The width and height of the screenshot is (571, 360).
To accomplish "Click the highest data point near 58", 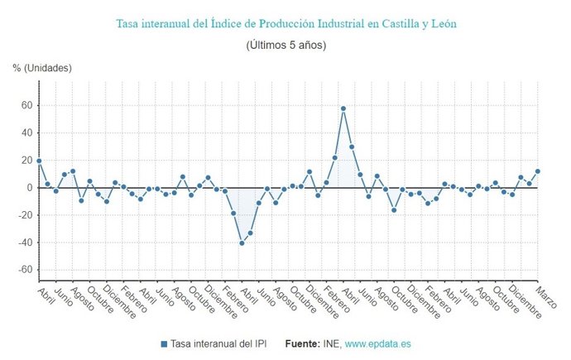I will (343, 108).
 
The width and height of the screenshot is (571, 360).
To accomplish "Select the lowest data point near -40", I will (242, 243).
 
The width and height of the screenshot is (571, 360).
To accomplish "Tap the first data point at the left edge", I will (39, 161).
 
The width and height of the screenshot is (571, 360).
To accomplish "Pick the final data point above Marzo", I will (538, 171).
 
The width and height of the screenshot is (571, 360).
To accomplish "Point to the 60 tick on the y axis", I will (26, 106).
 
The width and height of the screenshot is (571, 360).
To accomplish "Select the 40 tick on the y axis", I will (26, 133).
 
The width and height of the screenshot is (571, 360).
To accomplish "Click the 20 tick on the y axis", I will (26, 161).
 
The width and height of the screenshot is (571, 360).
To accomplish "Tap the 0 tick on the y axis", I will (29, 188).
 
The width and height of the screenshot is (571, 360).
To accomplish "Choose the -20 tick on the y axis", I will (25, 215).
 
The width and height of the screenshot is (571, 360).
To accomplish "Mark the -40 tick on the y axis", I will (25, 242).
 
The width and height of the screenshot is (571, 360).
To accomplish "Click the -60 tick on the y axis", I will (25, 270).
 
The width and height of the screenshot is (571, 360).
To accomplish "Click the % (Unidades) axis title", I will (42, 67).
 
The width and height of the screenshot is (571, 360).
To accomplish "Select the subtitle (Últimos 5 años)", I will (285, 45).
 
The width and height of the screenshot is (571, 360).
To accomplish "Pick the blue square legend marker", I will (164, 343).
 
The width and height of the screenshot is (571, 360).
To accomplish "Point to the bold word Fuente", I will (302, 343).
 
